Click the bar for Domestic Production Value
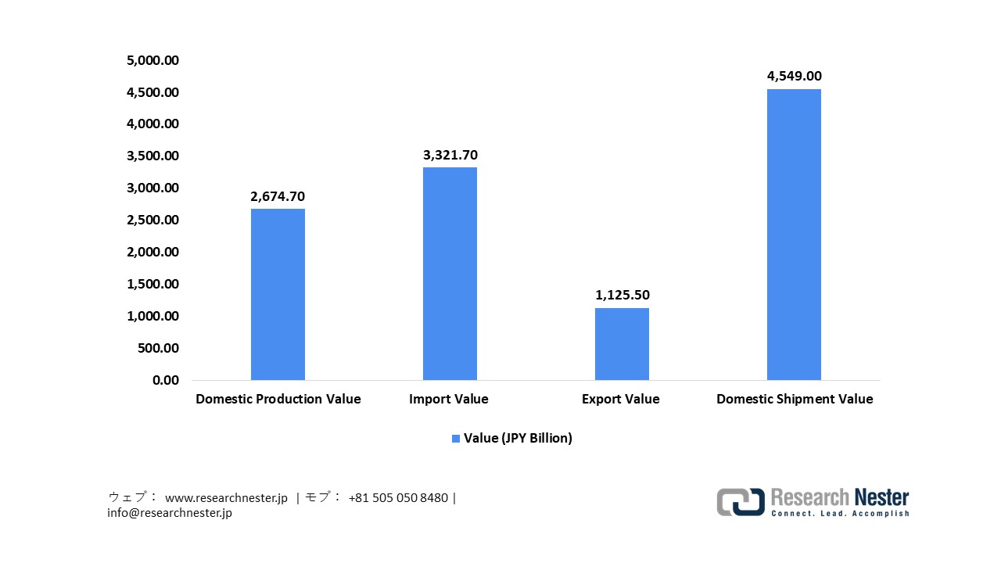(x=278, y=294)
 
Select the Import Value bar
(x=450, y=274)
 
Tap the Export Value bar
(x=622, y=344)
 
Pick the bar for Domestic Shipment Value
(x=794, y=235)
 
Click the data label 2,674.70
(x=278, y=196)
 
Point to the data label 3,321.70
(x=450, y=155)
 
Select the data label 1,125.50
(x=622, y=295)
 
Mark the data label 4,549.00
(x=794, y=77)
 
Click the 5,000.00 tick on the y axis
(x=152, y=60)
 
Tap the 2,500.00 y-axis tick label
(x=152, y=221)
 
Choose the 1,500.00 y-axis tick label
(x=152, y=285)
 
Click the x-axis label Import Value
(x=448, y=399)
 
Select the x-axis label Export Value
(x=620, y=399)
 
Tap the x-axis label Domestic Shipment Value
(x=795, y=399)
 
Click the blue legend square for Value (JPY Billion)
(x=456, y=439)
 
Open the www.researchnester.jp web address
(x=227, y=497)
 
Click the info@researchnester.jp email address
(x=170, y=513)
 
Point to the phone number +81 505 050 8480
(x=398, y=497)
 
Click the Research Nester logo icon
(x=741, y=502)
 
